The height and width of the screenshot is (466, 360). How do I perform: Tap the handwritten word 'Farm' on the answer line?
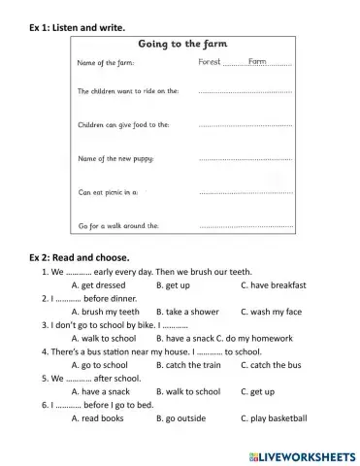point(257,61)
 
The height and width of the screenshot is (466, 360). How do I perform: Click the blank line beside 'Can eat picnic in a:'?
point(245,192)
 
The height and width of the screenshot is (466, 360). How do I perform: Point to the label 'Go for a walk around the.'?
point(118,225)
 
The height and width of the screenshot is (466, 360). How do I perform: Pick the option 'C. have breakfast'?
point(273,285)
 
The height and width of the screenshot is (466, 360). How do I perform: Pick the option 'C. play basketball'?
point(274,418)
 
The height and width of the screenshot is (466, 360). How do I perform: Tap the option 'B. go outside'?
point(181,418)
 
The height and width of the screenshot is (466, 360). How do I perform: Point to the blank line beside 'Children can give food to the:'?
point(245,125)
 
